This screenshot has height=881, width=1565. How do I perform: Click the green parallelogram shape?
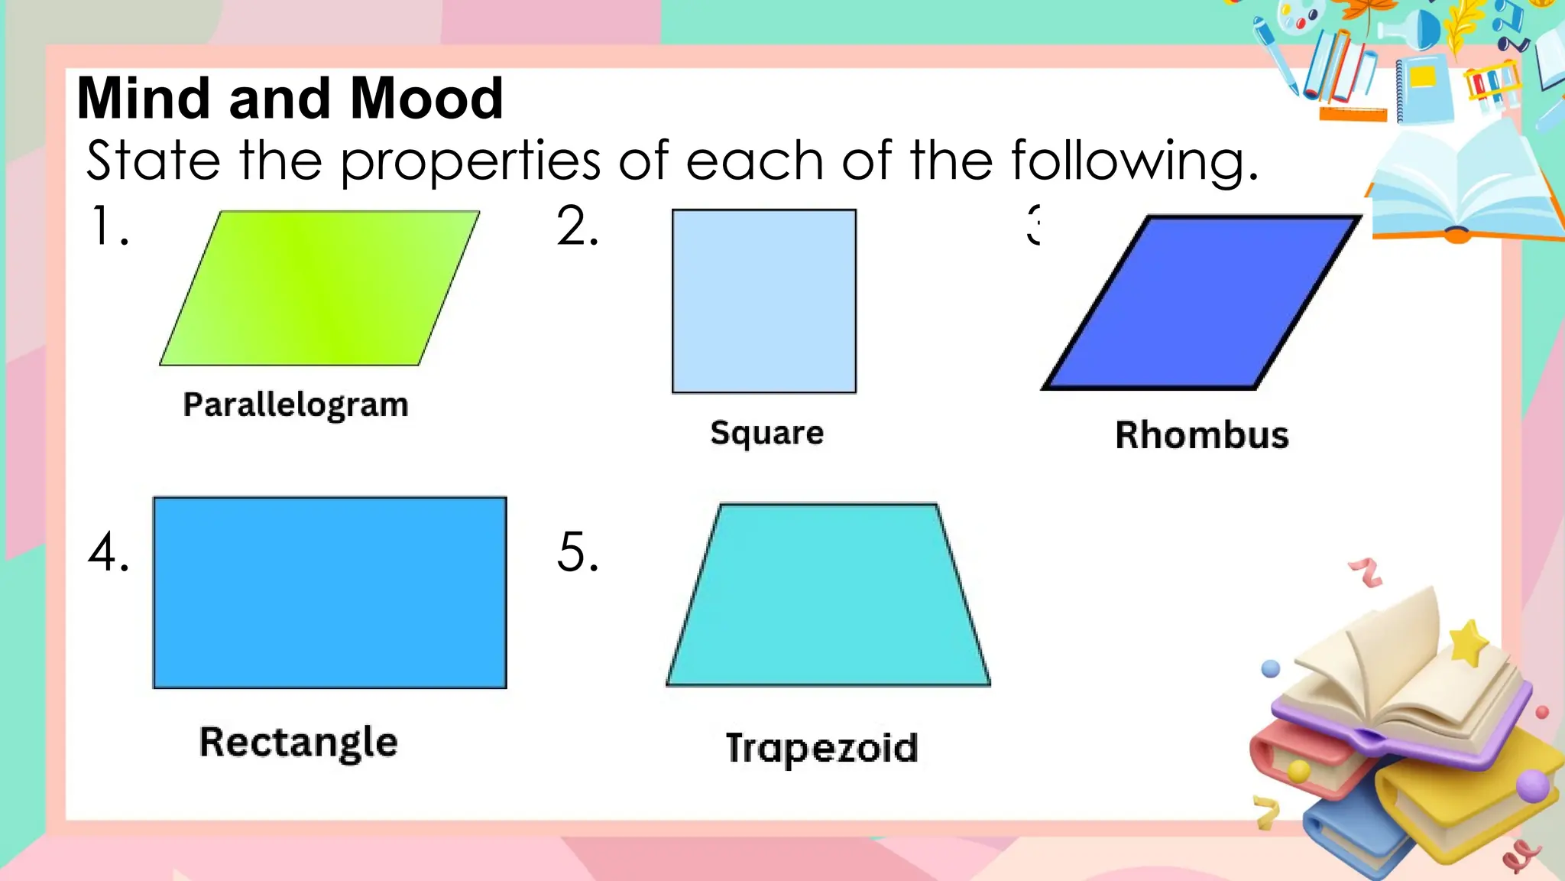coord(319,288)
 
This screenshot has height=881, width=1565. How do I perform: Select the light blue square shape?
coord(763,301)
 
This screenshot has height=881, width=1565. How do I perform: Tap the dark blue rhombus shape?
coord(1201,303)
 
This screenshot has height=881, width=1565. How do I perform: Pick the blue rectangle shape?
coord(329,593)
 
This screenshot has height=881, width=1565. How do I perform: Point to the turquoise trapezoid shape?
coord(828,595)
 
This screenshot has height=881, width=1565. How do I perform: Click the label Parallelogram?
coord(296,405)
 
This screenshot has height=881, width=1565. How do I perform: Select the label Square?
coord(766,433)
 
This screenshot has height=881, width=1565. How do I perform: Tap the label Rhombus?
coord(1201,434)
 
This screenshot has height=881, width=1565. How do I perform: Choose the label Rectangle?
coord(299,742)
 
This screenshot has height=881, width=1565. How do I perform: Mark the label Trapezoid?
coord(821,747)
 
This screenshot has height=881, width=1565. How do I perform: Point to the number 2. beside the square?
coord(577,226)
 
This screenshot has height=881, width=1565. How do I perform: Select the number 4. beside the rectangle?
coord(109,551)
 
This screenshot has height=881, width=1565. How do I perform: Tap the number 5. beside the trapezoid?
coord(577,551)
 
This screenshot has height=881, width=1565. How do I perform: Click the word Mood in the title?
coord(426,99)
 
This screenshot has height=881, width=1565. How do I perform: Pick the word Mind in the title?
coord(144,99)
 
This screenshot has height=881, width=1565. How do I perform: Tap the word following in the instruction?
coord(1134,161)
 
